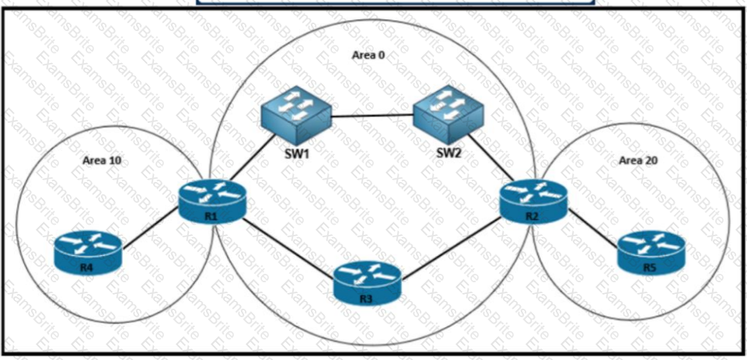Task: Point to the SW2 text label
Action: coord(449,153)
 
